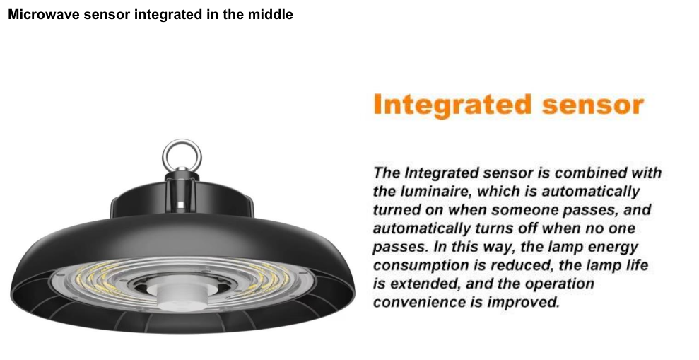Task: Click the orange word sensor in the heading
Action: (x=594, y=105)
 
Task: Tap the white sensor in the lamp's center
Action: (x=180, y=292)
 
